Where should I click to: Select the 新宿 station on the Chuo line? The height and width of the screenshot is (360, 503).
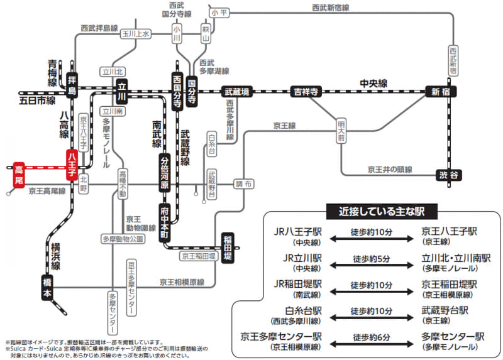[x=439, y=92]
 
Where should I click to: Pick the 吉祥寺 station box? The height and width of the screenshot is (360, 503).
[x=306, y=92]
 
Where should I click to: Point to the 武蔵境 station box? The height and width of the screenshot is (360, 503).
[x=237, y=92]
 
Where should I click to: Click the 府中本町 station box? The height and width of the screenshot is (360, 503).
[x=165, y=221]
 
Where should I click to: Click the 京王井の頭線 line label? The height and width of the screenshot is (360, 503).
[x=390, y=169]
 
